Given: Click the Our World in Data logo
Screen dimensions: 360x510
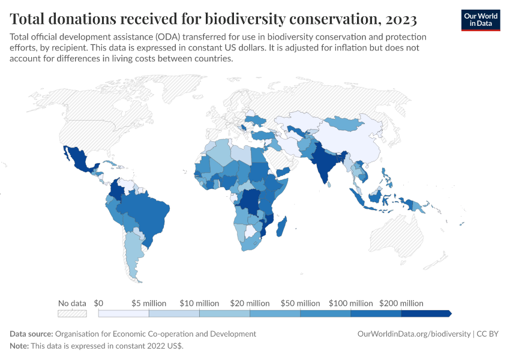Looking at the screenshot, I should click(x=480, y=20).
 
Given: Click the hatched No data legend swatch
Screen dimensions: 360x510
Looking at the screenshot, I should click(x=72, y=313).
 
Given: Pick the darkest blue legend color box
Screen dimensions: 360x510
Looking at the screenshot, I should click(x=425, y=313).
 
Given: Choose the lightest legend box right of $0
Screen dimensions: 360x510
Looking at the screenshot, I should click(x=124, y=313).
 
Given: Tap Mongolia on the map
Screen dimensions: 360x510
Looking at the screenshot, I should click(x=347, y=124).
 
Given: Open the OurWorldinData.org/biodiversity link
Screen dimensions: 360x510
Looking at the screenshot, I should click(x=413, y=334).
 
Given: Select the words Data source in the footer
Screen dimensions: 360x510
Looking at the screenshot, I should click(x=31, y=334).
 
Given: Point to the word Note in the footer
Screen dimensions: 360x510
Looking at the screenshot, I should click(x=19, y=346).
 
